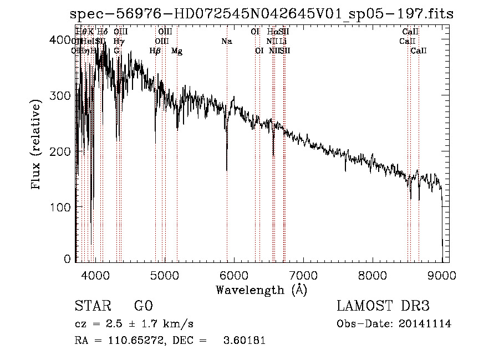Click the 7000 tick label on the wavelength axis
303,273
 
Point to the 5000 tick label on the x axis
164,273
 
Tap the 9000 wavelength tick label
441,273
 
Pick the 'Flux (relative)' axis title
37,145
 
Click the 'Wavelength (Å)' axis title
261,290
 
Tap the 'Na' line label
226,41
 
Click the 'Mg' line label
177,51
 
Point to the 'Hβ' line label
155,51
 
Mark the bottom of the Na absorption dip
227,170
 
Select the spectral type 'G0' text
143,306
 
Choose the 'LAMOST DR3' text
383,306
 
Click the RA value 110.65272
133,341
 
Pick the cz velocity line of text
134,324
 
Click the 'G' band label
116,51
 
